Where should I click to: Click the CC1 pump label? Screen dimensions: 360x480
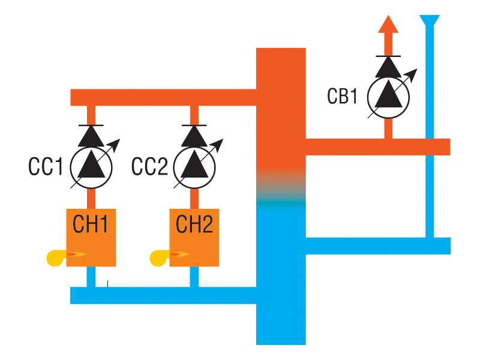[45, 167]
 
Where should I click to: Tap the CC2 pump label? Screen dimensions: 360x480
[149, 167]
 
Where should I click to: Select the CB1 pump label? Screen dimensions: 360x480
[343, 96]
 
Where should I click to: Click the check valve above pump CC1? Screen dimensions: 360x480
[91, 134]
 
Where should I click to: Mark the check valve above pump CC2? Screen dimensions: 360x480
[194, 134]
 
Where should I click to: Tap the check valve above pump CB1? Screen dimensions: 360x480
[388, 65]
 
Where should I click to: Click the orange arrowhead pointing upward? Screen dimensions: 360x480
[388, 25]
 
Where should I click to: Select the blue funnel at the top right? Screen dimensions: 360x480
[429, 22]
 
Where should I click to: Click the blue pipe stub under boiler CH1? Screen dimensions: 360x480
[91, 277]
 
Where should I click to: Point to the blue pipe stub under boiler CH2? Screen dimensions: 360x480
[194, 277]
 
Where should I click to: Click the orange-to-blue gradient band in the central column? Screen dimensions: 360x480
[281, 186]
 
